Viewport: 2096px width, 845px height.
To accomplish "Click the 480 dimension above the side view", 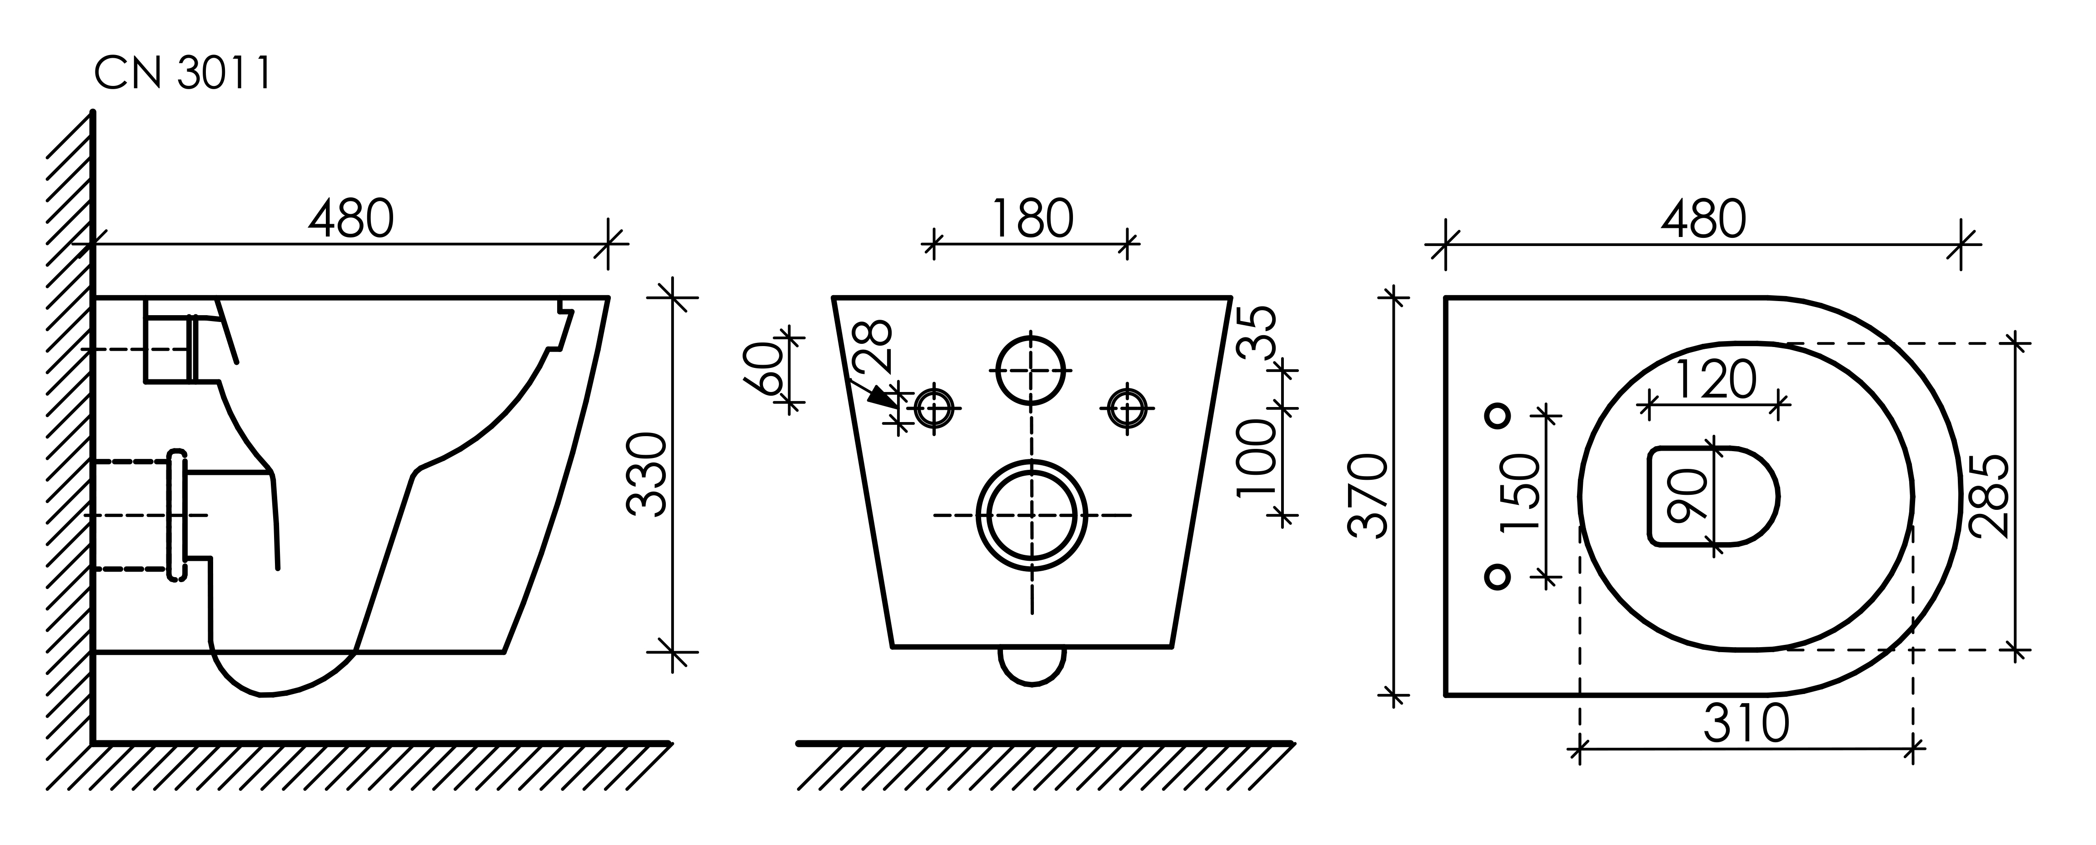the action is (x=351, y=219).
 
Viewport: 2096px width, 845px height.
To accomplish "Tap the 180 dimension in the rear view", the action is (x=1033, y=219).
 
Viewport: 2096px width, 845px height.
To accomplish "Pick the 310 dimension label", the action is (x=1746, y=723).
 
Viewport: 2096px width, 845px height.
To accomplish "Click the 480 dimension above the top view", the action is (x=1703, y=219).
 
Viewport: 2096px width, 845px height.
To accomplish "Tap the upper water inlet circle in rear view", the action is (x=1032, y=370).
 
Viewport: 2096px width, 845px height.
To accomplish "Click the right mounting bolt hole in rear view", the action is (x=1128, y=407).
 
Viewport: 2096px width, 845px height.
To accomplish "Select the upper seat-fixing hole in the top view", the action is (x=1498, y=415).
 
